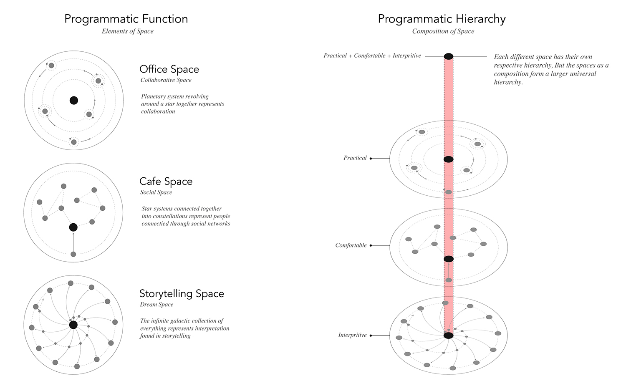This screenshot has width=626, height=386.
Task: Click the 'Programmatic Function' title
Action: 126,19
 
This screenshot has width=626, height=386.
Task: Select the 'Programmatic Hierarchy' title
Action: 442,19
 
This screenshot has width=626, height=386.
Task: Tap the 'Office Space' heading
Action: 169,69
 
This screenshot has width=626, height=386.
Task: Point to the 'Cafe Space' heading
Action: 166,182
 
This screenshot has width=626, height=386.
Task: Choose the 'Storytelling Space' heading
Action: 182,294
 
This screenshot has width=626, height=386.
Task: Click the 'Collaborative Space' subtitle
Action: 166,80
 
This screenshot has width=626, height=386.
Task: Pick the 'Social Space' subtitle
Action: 156,192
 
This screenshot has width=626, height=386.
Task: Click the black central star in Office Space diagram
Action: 74,100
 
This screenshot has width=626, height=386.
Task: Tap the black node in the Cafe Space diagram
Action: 73,227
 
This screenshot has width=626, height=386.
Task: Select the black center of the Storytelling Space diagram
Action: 73,325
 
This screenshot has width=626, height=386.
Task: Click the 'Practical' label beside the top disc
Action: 355,158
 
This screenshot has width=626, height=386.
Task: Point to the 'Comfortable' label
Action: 351,245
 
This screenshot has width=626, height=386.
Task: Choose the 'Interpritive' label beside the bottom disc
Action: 352,335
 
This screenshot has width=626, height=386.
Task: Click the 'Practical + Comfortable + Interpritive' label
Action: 372,56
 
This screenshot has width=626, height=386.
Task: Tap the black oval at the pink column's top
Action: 449,56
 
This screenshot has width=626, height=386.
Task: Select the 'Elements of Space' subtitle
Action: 127,31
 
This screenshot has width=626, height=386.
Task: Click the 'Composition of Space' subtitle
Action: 443,31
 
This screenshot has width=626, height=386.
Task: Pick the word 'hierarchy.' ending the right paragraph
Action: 508,82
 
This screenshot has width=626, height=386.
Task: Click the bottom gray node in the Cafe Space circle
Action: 73,254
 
